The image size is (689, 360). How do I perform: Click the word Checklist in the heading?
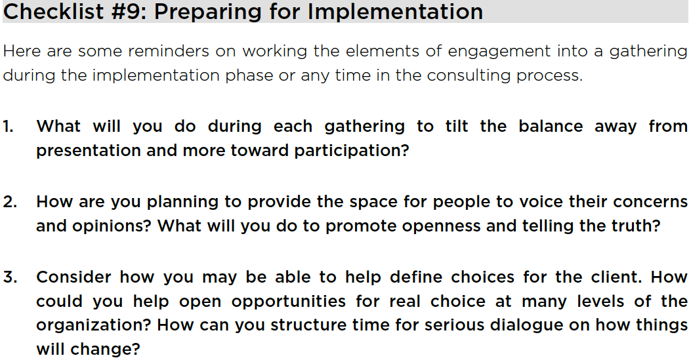(53, 11)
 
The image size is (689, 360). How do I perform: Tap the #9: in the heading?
(129, 11)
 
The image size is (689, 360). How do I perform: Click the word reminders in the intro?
(168, 51)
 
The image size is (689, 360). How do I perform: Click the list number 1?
(8, 127)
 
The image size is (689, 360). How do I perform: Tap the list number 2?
(10, 202)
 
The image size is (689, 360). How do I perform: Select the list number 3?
(10, 277)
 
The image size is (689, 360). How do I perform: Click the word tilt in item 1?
(457, 127)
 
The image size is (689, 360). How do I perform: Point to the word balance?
(551, 127)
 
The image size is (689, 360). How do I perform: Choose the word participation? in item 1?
(352, 151)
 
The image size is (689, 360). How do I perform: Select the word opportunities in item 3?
(288, 302)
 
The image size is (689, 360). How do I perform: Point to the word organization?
(94, 326)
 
